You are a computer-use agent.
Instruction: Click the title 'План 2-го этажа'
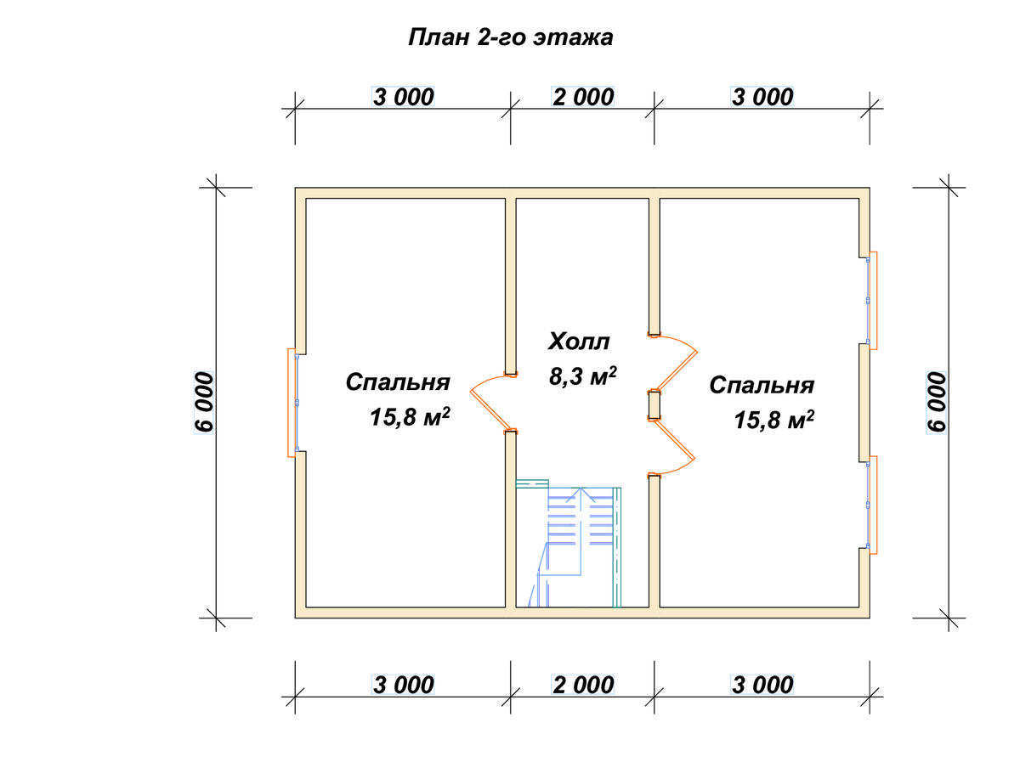(510, 37)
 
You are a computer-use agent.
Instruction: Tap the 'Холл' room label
(578, 342)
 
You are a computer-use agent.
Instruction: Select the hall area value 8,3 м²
(582, 376)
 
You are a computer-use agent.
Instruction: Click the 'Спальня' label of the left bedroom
(397, 383)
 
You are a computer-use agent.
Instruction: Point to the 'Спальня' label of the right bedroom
(761, 386)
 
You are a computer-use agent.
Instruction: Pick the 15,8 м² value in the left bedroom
(410, 417)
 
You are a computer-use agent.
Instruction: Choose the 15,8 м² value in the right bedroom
(773, 420)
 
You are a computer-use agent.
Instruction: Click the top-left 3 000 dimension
(403, 97)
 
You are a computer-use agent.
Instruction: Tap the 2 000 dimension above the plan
(583, 97)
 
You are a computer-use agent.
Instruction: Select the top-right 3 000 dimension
(762, 97)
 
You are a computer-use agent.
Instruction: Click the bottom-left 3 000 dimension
(403, 685)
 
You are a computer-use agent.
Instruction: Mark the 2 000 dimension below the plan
(583, 685)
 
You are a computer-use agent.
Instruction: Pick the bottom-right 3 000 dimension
(762, 685)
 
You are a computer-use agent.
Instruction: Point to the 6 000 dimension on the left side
(204, 402)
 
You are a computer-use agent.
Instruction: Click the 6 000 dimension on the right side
(937, 402)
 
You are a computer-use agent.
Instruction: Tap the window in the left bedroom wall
(292, 403)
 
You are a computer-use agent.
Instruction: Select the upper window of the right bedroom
(870, 301)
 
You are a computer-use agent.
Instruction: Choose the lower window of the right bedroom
(870, 505)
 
